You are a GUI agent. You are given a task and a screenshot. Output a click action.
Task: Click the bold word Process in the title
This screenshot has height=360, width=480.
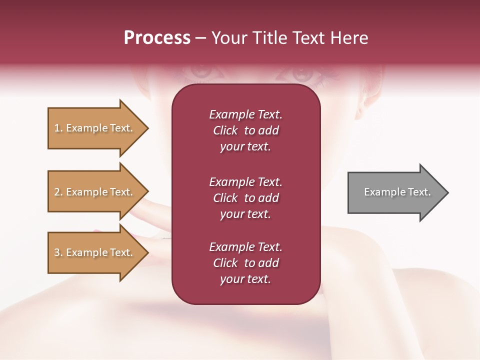click(157, 38)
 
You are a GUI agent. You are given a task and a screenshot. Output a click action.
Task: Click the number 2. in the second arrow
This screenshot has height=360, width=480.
click(58, 192)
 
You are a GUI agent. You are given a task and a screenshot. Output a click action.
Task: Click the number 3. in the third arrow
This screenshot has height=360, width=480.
click(58, 252)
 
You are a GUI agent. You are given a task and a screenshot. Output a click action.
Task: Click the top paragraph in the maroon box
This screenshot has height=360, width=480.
click(245, 130)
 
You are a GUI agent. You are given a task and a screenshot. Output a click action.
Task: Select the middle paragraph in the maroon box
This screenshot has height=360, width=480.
click(245, 197)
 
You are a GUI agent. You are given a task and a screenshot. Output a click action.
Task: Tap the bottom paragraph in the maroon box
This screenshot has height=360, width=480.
click(245, 263)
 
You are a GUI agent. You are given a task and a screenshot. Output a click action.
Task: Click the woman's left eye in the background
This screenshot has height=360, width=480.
click(302, 73)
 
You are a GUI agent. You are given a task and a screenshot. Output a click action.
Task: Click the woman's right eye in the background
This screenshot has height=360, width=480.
click(202, 72)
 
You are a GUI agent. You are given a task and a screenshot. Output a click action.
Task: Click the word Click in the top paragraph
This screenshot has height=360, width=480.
click(225, 130)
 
